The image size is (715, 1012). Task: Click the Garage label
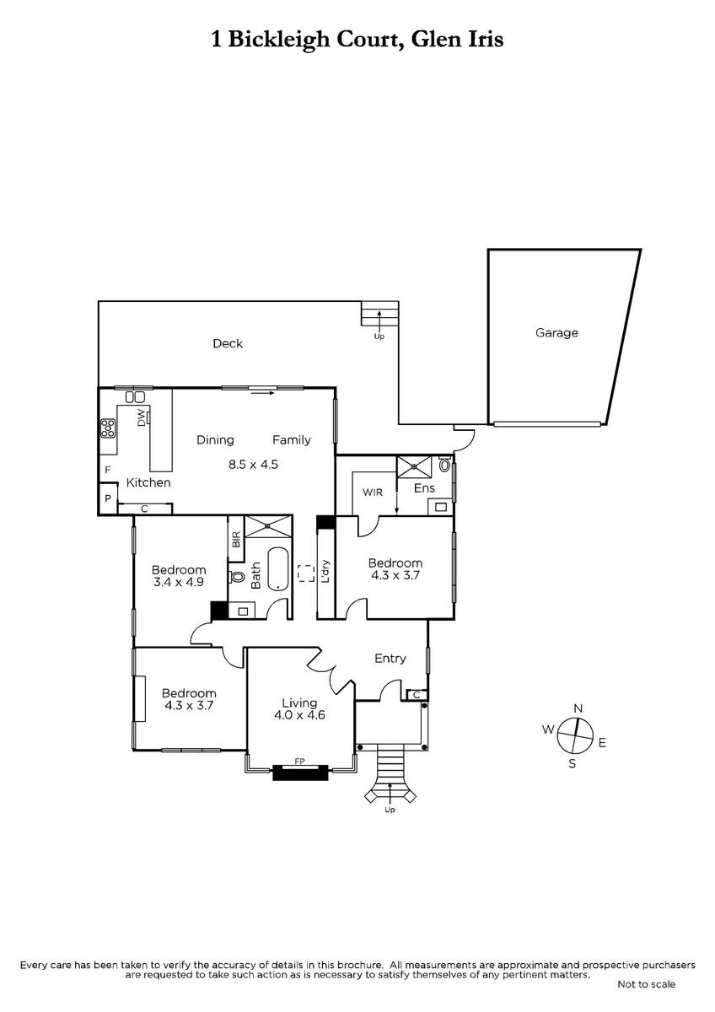(556, 333)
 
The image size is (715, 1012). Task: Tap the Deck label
(228, 343)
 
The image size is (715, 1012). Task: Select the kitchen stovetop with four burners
(108, 428)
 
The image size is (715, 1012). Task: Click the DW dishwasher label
(141, 417)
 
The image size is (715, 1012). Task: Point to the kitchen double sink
(135, 397)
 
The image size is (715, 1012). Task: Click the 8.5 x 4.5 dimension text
(253, 464)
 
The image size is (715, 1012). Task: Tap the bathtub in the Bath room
(277, 568)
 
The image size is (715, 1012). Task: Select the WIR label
(373, 493)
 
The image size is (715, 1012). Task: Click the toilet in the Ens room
(445, 465)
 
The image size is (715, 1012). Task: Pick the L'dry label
(325, 572)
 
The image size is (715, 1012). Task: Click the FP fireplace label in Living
(299, 762)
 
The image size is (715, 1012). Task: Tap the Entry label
(390, 659)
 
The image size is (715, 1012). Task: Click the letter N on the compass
(578, 708)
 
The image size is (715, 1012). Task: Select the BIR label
(236, 540)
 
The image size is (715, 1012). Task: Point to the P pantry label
(108, 498)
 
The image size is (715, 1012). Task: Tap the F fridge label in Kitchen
(108, 470)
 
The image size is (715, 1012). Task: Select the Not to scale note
(647, 984)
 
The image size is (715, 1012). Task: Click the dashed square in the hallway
(306, 573)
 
